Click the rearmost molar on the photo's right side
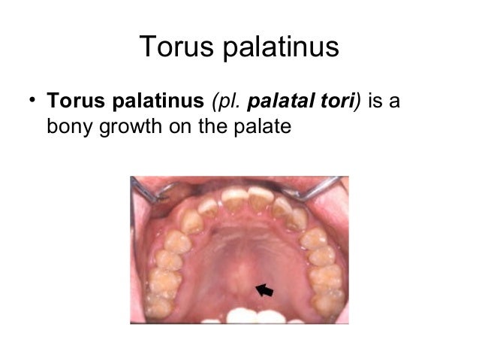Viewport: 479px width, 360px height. pyautogui.click(x=329, y=301)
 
